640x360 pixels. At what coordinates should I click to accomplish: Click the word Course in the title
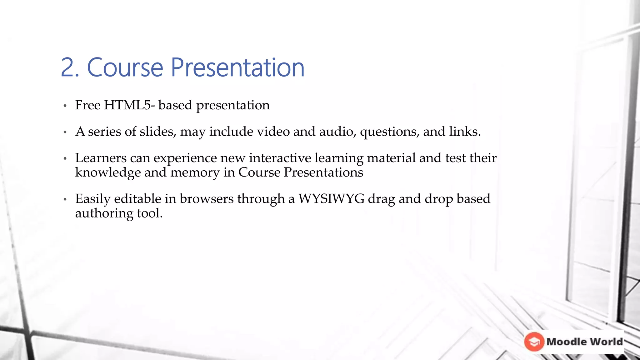pyautogui.click(x=125, y=67)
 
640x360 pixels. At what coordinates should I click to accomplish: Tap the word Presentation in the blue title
pyautogui.click(x=237, y=67)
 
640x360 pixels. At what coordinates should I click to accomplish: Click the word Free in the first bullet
pyautogui.click(x=88, y=105)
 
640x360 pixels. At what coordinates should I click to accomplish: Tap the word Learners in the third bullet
pyautogui.click(x=101, y=158)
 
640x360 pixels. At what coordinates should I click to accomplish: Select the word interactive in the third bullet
pyautogui.click(x=280, y=158)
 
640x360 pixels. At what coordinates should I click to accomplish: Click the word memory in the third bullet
pyautogui.click(x=195, y=172)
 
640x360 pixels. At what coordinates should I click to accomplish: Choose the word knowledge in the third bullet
pyautogui.click(x=108, y=172)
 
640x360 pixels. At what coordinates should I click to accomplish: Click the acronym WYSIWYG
pyautogui.click(x=331, y=199)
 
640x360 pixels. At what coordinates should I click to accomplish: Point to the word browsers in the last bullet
pyautogui.click(x=207, y=199)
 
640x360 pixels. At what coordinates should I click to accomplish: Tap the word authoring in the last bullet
pyautogui.click(x=104, y=213)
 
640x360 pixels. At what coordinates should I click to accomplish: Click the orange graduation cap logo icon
pyautogui.click(x=534, y=342)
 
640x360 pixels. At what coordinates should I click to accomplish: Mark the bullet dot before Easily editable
pyautogui.click(x=65, y=199)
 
